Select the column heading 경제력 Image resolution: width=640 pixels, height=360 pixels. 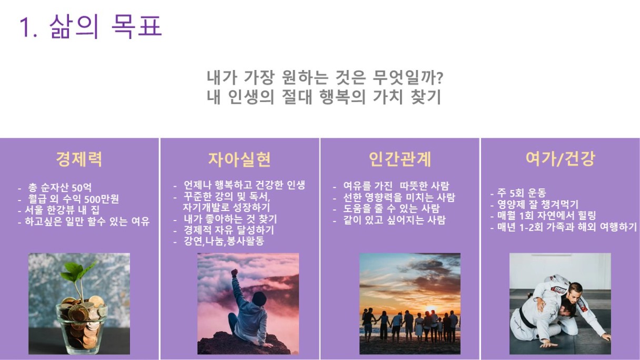point(79,159)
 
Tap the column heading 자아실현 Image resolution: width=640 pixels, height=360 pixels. point(239,159)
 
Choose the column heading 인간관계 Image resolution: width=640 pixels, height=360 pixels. point(400,159)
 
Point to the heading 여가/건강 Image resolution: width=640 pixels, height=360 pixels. point(561,158)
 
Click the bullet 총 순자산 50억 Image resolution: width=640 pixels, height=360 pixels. point(60,188)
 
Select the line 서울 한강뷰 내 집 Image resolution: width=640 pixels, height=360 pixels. point(62,210)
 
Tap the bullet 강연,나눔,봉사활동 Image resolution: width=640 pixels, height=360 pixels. point(224,241)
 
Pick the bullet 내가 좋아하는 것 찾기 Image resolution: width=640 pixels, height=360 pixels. point(231,219)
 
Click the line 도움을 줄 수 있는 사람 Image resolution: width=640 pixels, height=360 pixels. point(392,208)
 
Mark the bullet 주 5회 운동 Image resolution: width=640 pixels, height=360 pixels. point(522,193)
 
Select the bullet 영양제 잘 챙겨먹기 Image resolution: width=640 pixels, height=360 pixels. point(538,204)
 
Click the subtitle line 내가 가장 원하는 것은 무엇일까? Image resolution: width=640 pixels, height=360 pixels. point(325,77)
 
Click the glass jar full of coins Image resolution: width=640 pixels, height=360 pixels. point(81,326)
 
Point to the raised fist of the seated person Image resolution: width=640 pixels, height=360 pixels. point(235,272)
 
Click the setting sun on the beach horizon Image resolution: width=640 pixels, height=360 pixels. point(431,309)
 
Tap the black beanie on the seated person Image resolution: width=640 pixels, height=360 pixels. point(259,298)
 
